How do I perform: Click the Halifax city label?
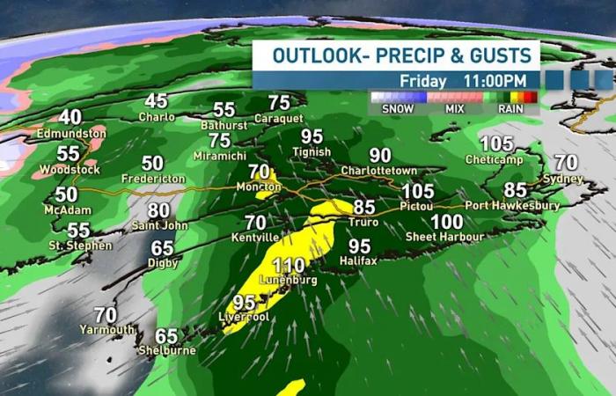[359, 261]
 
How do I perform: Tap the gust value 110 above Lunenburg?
[289, 265]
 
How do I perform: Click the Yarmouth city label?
[107, 330]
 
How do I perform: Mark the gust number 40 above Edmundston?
[70, 117]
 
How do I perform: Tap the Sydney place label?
[565, 178]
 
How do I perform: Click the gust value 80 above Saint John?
[158, 211]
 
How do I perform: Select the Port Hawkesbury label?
[512, 205]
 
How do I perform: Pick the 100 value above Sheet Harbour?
[447, 222]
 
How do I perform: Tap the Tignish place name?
[312, 151]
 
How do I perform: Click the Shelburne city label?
[167, 350]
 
